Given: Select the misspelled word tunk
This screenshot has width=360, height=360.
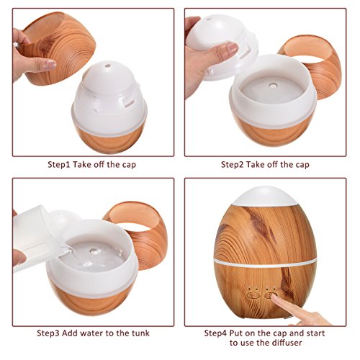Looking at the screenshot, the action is pos(140,333).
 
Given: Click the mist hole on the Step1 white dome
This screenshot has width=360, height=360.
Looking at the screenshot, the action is pos(107,66).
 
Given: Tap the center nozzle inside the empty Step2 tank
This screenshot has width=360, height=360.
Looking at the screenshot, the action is pos(272,85).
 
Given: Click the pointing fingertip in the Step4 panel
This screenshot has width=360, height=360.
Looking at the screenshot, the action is pos(274,297).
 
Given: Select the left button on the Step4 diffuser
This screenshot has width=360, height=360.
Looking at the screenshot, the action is pos(253,295).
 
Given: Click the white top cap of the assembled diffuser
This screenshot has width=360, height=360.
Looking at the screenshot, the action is pos(264,196).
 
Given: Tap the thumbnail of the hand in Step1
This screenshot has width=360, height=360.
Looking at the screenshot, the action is pos(50,65).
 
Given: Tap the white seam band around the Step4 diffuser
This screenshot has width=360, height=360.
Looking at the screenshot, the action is pos(265,261).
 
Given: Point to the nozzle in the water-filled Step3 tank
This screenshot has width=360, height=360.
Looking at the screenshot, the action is pos(94,251).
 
